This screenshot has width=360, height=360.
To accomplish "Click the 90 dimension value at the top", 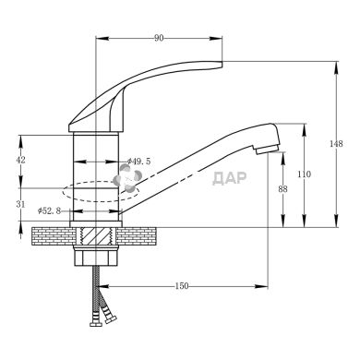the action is click(159, 38).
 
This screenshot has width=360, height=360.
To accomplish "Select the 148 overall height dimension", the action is click(336, 144).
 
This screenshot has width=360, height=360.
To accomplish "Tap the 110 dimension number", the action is click(304, 174).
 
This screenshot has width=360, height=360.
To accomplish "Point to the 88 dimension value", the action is click(282, 189).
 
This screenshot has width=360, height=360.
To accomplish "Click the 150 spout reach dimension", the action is click(182, 286).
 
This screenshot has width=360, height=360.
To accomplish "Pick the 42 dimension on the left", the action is click(20, 160).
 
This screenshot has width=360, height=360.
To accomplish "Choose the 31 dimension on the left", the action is click(20, 204).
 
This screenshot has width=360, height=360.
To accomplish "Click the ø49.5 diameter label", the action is click(139, 162).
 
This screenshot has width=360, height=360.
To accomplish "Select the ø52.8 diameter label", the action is click(49, 210).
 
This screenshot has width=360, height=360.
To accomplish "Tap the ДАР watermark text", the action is click(230, 178).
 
